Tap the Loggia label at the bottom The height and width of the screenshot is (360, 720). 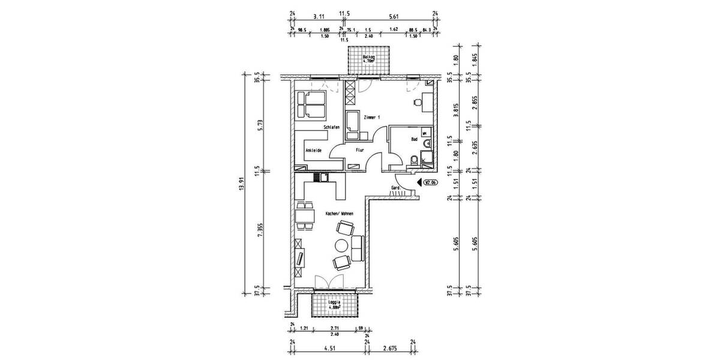pyautogui.click(x=334, y=306)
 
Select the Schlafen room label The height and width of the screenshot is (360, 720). pyautogui.click(x=331, y=128)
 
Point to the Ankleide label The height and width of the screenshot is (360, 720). pyautogui.click(x=313, y=150)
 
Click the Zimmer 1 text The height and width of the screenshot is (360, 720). pyautogui.click(x=371, y=118)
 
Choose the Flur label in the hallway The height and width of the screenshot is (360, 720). pyautogui.click(x=360, y=150)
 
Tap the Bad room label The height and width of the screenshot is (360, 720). pyautogui.click(x=414, y=139)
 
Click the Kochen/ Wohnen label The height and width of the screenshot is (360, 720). pyautogui.click(x=339, y=214)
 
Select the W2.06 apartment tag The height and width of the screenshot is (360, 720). pyautogui.click(x=430, y=184)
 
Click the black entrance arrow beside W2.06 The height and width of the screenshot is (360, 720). pyautogui.click(x=419, y=184)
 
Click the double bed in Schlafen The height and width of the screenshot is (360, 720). pyautogui.click(x=311, y=106)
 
